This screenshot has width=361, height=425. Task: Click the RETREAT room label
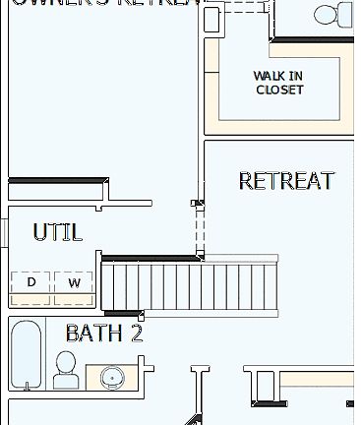click(286, 181)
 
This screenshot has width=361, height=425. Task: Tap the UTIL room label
click(57, 232)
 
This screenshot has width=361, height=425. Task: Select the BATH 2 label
click(104, 333)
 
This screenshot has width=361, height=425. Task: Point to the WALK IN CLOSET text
click(279, 83)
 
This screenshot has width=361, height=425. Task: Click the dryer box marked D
click(31, 283)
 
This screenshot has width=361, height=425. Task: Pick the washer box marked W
click(74, 283)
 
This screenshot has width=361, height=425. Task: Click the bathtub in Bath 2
click(26, 354)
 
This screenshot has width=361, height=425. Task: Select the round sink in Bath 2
click(111, 378)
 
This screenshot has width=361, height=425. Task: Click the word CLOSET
click(279, 90)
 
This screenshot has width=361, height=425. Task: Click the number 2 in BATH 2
click(136, 333)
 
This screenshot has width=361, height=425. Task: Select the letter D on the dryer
click(31, 283)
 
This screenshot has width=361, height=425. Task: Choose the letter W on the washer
click(74, 283)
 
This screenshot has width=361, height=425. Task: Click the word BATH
click(94, 333)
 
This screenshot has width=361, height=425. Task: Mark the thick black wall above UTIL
click(57, 181)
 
